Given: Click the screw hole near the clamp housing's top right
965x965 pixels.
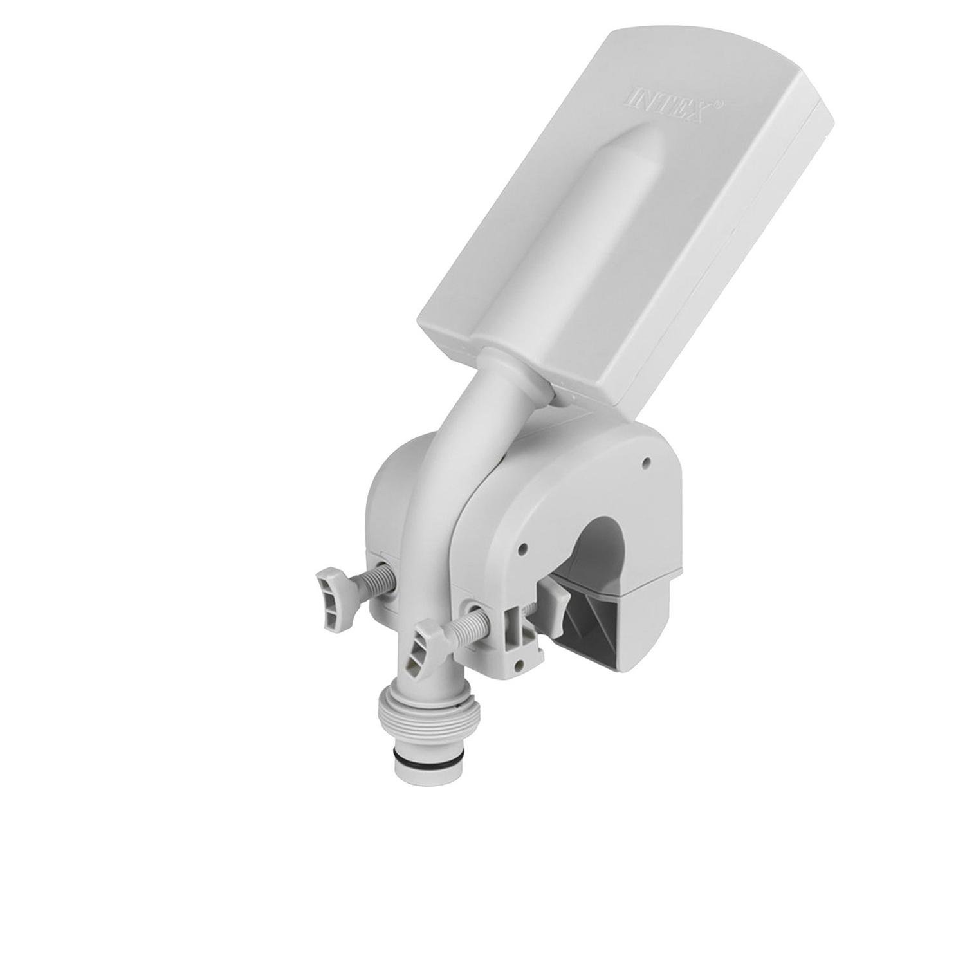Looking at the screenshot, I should click(x=645, y=461).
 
